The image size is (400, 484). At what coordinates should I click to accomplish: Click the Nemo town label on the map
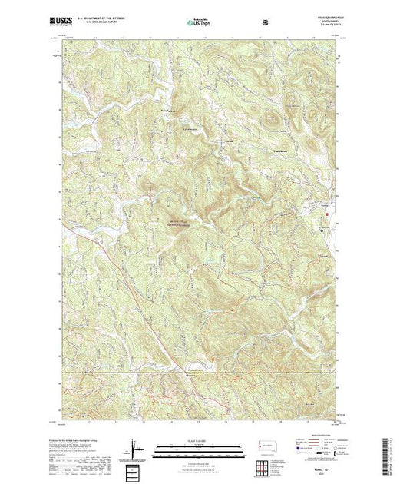click(x=326, y=207)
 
